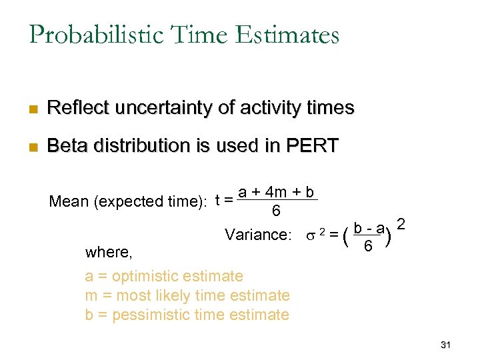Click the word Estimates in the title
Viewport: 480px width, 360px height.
[x=291, y=35]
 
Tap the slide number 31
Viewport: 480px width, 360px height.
[x=446, y=345]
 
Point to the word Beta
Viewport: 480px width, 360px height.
[x=69, y=146]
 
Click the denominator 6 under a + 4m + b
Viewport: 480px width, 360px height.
[x=275, y=211]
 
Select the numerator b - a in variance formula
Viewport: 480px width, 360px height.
[x=369, y=229]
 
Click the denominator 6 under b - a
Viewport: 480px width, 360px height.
[x=368, y=247]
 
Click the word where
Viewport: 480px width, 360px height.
[x=108, y=252]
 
